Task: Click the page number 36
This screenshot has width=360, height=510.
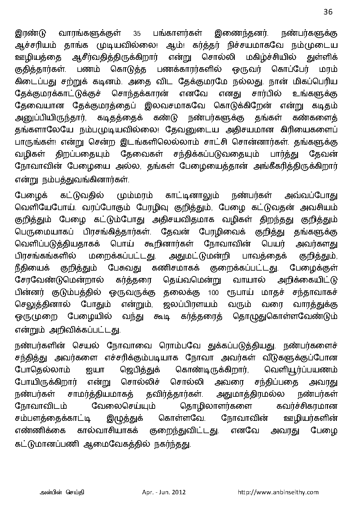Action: point(328,12)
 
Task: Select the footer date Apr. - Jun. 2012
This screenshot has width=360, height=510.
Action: point(162,492)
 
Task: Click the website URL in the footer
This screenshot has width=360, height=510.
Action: point(278,492)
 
